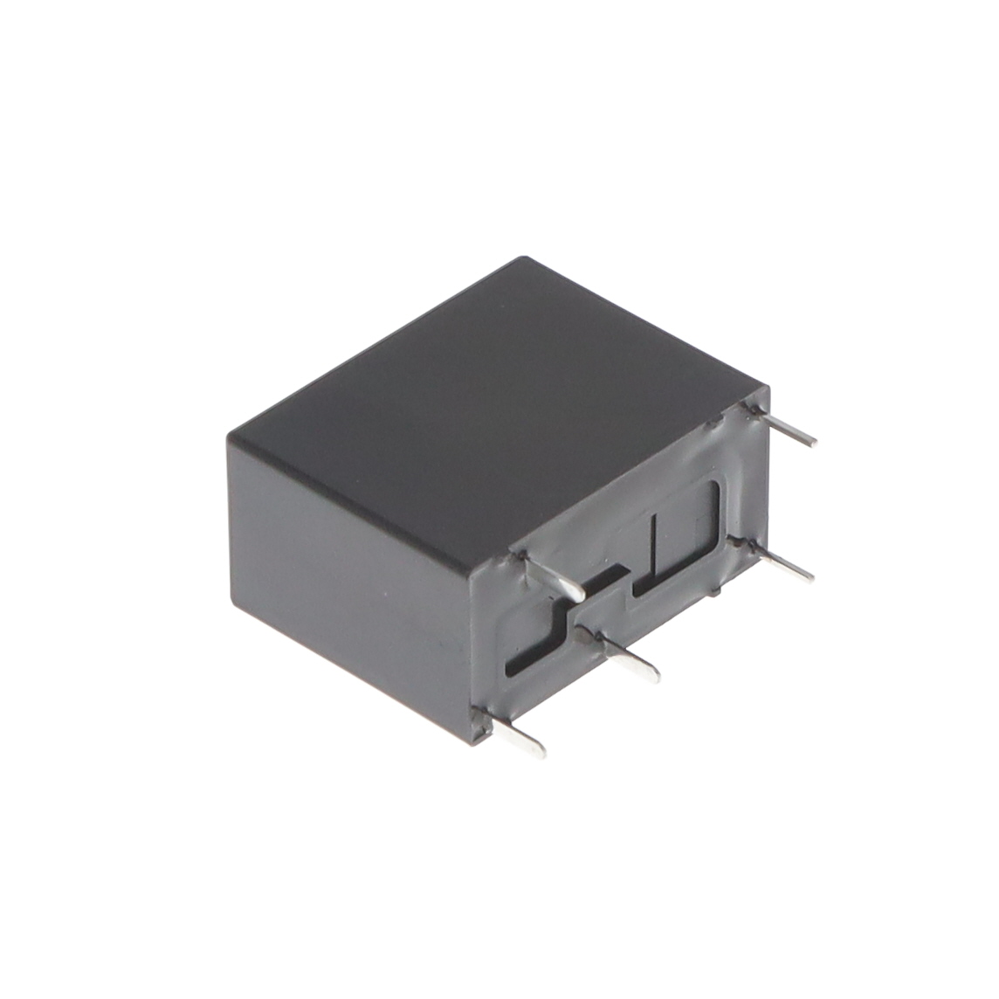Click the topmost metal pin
pyautogui.click(x=786, y=428)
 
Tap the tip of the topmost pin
pyautogui.click(x=812, y=441)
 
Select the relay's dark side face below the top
pyautogui.click(x=349, y=568)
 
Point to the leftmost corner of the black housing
pyautogui.click(x=229, y=437)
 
